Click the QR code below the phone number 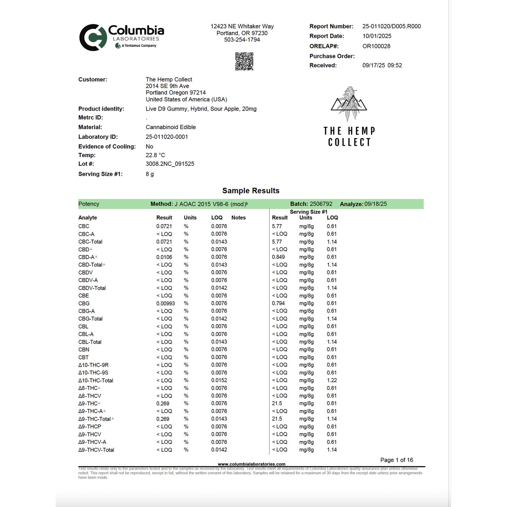tap(244, 61)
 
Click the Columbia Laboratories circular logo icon tap(93, 38)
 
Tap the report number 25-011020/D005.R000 tap(391, 26)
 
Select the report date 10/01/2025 tap(376, 36)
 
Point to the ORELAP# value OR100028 tap(376, 46)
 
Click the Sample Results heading tap(251, 191)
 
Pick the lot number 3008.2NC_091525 tap(170, 164)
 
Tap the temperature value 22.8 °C tap(155, 155)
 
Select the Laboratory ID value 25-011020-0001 tap(167, 137)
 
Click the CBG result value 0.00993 tap(165, 303)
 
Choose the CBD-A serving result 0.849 tap(278, 257)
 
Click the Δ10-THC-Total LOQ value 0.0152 tap(219, 380)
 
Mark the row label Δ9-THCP tap(89, 427)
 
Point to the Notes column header tap(238, 218)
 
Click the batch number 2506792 tap(321, 204)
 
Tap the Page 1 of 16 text tap(396, 460)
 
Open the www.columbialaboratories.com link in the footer tap(251, 464)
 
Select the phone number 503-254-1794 tap(242, 40)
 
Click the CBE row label tap(84, 296)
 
